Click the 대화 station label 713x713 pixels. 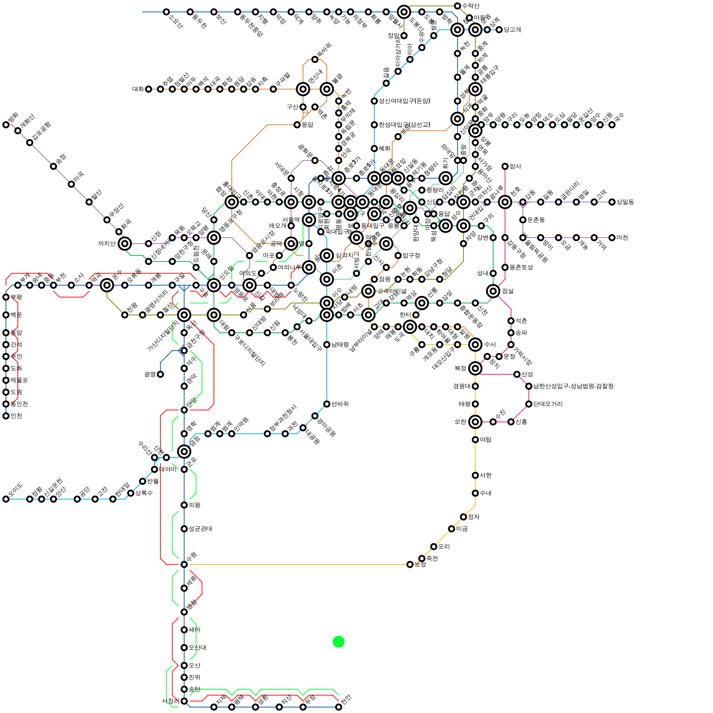coord(138,89)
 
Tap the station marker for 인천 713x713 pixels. coord(6,416)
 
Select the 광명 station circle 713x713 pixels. coord(160,374)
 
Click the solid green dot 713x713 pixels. coord(339,642)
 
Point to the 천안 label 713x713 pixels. coord(346,698)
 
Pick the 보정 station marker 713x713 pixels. coord(410,565)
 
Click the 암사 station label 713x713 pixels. coord(515,166)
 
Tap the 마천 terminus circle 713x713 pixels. coord(612,238)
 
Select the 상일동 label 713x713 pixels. coord(625,202)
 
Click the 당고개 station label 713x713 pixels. coord(512,30)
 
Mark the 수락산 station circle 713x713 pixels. coord(457,6)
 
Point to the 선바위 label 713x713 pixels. coord(340,404)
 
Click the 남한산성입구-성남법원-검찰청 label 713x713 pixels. coord(574,386)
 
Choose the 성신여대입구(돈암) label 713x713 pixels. coord(404,101)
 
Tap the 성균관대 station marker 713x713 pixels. coord(184,529)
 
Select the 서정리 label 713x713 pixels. coord(171,701)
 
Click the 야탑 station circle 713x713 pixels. coord(475,440)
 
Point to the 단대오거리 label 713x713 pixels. coord(548,404)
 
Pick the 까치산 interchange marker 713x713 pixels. coord(125,244)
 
